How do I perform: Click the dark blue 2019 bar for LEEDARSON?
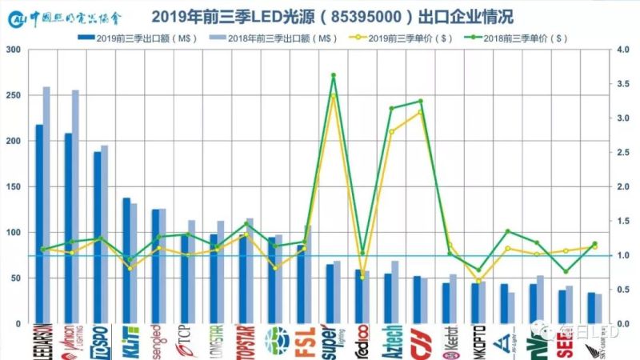[x=39, y=224]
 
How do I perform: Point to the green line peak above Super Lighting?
[x=333, y=75]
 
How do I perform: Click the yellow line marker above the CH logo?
[x=420, y=112]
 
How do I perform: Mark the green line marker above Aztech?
[x=391, y=108]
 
